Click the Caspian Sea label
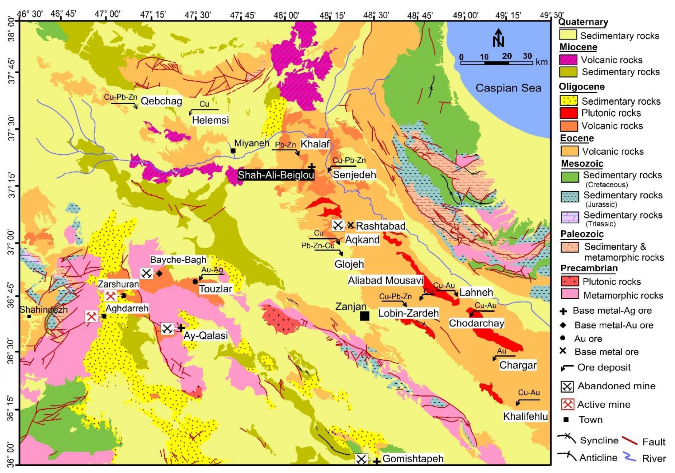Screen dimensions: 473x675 [x=508, y=88]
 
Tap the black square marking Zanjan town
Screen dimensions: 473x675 [x=364, y=316]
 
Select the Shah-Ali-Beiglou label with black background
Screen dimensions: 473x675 [x=276, y=175]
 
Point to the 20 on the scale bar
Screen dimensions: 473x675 [x=507, y=56]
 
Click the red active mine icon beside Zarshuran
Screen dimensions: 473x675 [x=110, y=296]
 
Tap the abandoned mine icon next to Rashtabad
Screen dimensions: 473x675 [x=337, y=225]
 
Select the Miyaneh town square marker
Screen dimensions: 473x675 [x=233, y=151]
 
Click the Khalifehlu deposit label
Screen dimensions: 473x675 [x=525, y=416]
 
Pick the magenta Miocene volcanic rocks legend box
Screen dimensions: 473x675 [x=568, y=60]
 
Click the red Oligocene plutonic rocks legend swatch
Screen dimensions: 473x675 [x=568, y=113]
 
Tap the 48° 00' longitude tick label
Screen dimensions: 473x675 [x=286, y=15]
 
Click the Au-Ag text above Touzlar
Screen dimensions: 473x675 [x=212, y=270]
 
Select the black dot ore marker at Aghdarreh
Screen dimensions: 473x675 [x=104, y=316]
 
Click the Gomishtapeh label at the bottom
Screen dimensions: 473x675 [x=413, y=459]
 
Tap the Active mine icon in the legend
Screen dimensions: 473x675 [x=567, y=404]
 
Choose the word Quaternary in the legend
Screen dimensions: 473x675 [x=583, y=22]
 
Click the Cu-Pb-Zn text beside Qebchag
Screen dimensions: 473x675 [x=121, y=97]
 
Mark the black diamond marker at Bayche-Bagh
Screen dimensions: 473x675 [x=160, y=273]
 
